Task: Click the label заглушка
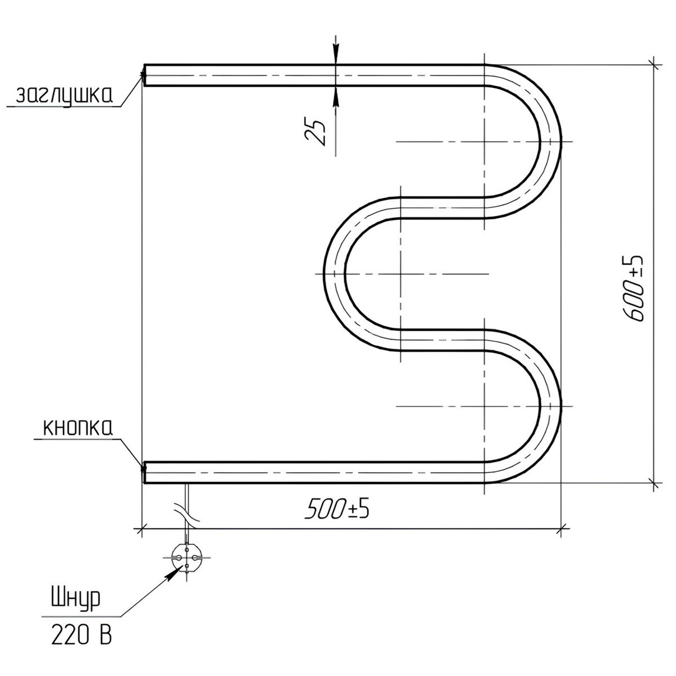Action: (x=64, y=96)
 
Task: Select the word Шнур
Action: (x=76, y=599)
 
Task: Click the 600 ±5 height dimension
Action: (x=634, y=288)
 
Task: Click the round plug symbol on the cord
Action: (x=186, y=558)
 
